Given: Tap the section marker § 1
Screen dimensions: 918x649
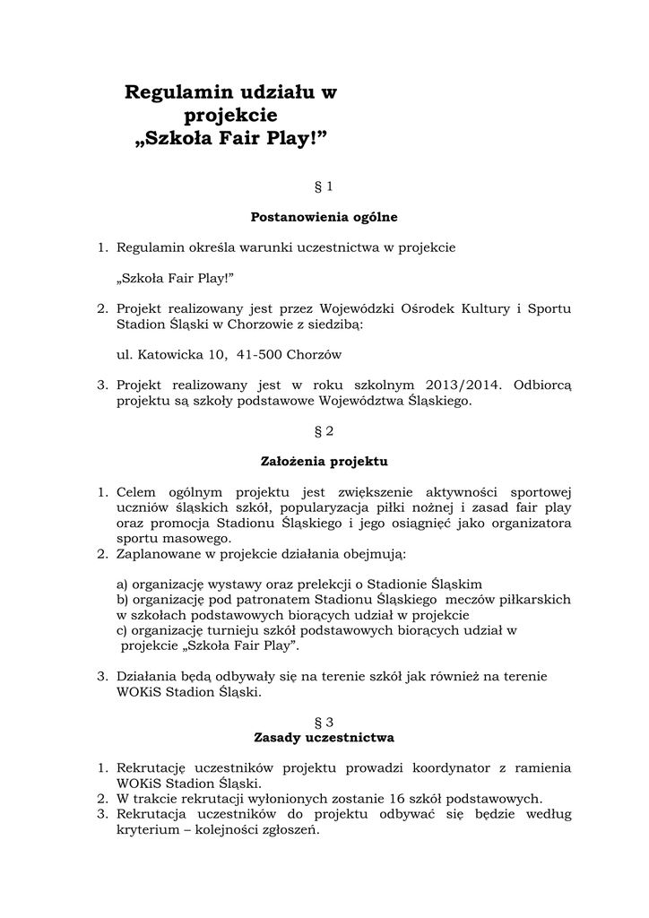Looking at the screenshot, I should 324,186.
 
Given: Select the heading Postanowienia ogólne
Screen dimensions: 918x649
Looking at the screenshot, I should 324,217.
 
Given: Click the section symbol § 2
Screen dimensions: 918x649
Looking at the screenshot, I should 324,431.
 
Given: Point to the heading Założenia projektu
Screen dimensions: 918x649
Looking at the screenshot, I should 324,462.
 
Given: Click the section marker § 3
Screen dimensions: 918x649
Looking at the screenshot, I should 324,721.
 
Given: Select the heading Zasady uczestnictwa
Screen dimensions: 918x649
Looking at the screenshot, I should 324,738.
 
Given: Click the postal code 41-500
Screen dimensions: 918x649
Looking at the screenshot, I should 260,354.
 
